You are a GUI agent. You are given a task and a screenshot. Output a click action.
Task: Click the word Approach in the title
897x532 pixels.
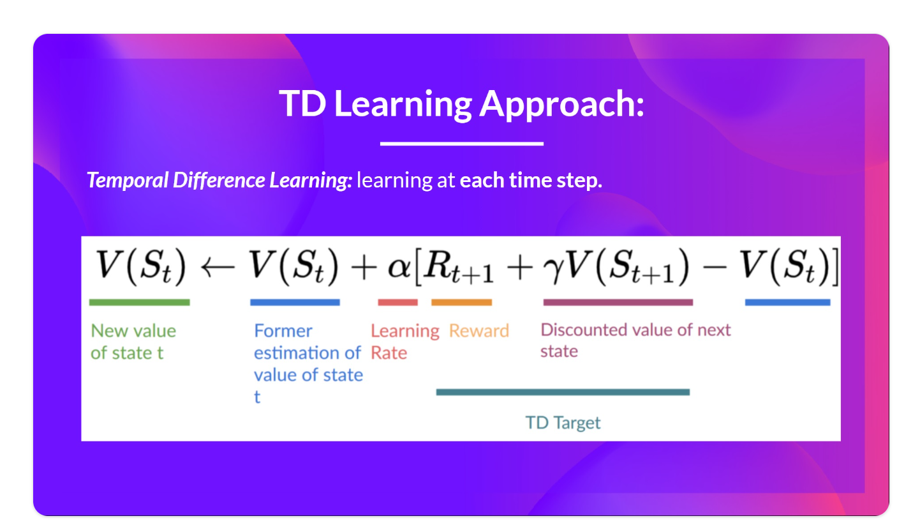coord(562,104)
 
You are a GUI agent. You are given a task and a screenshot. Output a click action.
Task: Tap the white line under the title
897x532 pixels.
coord(462,143)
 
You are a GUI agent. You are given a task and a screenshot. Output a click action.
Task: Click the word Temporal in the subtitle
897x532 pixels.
coord(128,180)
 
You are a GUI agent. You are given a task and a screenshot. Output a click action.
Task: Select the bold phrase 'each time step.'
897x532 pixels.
coord(531,180)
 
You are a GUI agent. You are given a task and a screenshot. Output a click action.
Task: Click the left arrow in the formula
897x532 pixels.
coord(218,268)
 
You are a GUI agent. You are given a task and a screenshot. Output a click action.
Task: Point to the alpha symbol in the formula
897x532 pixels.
coord(399,268)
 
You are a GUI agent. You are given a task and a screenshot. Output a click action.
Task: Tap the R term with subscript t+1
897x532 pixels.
coord(459,267)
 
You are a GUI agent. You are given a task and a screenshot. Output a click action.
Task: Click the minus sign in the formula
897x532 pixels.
coord(715,267)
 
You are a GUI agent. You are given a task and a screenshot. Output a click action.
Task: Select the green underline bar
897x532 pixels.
coord(139,302)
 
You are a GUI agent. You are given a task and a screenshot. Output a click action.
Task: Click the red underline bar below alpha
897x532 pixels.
coord(397,302)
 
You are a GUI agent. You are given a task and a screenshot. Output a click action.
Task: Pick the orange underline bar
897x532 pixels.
coord(461,302)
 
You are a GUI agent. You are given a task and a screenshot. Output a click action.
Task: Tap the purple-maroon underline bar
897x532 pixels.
coord(618,302)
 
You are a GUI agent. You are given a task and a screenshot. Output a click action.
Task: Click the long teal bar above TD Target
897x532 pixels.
coord(563,392)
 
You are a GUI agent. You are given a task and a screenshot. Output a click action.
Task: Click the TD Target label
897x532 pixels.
coord(563,423)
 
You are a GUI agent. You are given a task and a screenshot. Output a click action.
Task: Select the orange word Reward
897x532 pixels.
coord(479,331)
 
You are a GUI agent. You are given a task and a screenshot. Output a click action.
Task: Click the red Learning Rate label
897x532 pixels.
coord(405,342)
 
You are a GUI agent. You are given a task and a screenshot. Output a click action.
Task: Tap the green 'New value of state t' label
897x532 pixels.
coord(133,342)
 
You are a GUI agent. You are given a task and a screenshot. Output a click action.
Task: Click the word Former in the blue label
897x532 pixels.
coord(283,331)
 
